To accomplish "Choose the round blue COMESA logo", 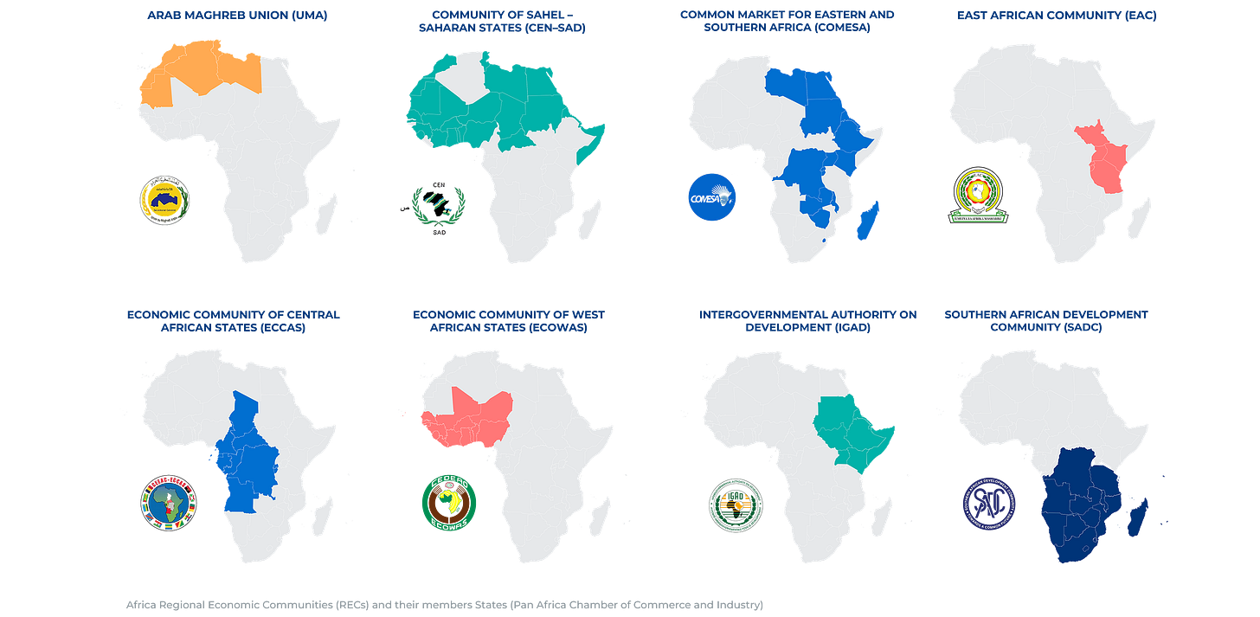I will tap(711, 197).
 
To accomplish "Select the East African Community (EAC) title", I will tap(1050, 15).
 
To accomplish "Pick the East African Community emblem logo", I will tap(980, 197).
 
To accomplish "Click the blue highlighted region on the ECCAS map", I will tap(251, 459).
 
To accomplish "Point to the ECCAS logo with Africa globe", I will tap(169, 502).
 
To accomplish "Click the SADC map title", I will tap(1045, 321).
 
